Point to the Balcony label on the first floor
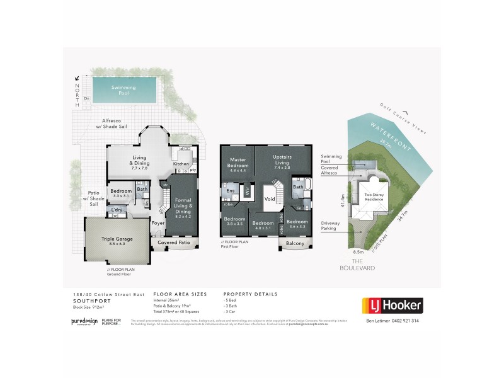(294, 243)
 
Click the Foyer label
(157, 222)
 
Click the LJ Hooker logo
(391, 306)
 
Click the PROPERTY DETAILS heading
(250, 294)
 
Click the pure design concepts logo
(83, 321)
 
